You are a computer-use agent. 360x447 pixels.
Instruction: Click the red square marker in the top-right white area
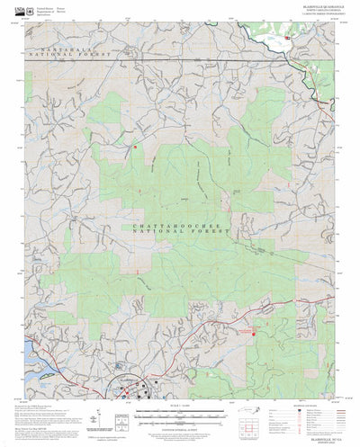tap(286, 38)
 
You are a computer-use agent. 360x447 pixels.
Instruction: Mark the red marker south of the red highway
tap(254, 335)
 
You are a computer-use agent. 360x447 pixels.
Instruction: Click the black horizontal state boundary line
tap(180, 58)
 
